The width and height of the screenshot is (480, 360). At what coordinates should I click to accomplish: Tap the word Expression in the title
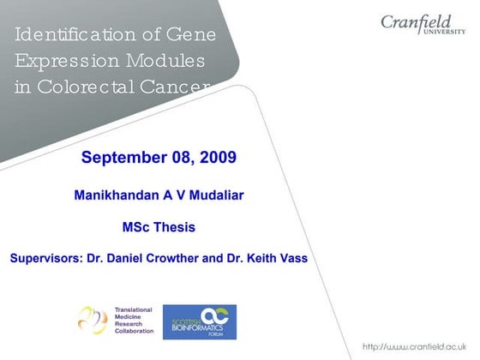point(61,62)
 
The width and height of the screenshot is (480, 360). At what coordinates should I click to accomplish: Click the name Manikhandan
point(117,195)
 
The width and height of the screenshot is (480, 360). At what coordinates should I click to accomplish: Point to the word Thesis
point(175,227)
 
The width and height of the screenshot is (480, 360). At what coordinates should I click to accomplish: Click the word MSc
point(137,227)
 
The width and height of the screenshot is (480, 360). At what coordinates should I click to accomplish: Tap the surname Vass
point(292,258)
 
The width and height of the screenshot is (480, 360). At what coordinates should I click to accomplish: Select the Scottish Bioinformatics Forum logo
point(199,321)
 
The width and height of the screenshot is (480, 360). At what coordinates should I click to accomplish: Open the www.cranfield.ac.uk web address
point(417,346)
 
